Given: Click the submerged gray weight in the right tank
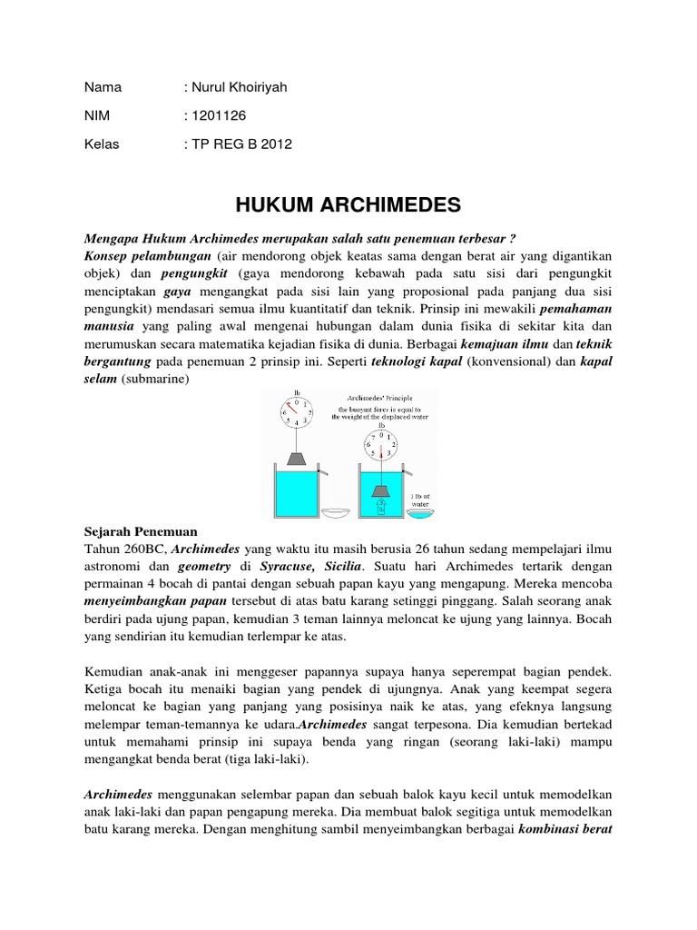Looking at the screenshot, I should coord(382,490).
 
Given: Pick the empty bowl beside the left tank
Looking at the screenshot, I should coord(335,513).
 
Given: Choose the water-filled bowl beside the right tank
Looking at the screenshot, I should coord(420,514).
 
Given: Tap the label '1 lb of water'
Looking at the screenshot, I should coord(421,497).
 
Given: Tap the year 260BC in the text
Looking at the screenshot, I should coord(139,549).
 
